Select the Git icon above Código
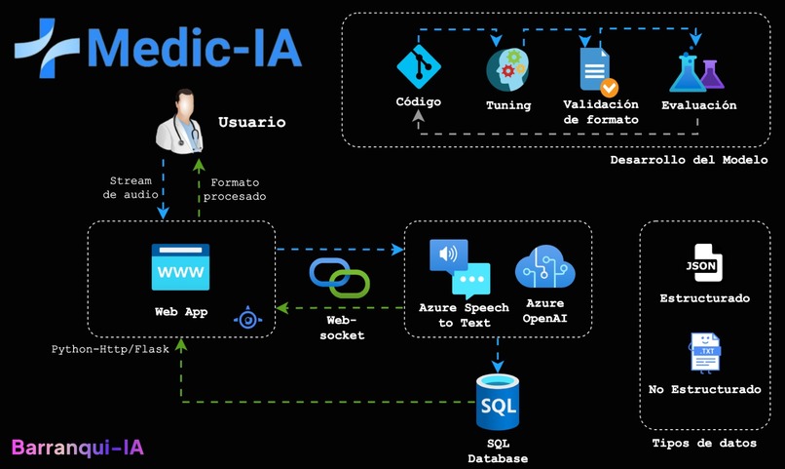click(x=419, y=69)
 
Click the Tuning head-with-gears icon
click(x=507, y=71)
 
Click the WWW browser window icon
click(x=180, y=267)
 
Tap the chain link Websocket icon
click(x=339, y=278)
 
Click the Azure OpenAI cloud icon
click(x=545, y=266)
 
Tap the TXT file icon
click(x=704, y=352)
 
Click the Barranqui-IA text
click(x=78, y=448)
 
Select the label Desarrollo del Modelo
click(x=689, y=160)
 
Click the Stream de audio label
click(x=130, y=188)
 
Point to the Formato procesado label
click(x=234, y=188)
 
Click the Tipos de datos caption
click(x=703, y=444)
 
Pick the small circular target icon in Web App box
click(x=248, y=318)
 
